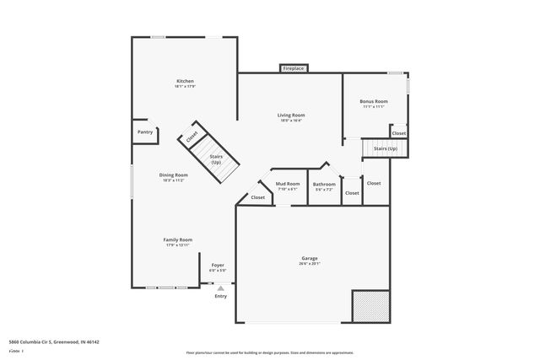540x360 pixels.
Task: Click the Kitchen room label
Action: pyautogui.click(x=185, y=81)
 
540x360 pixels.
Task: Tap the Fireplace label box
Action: pyautogui.click(x=294, y=67)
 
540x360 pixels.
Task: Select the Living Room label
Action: pyautogui.click(x=292, y=115)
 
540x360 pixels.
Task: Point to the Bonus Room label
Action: pyautogui.click(x=375, y=101)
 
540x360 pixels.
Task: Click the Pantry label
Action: pyautogui.click(x=145, y=132)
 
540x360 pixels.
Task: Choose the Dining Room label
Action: pyautogui.click(x=173, y=175)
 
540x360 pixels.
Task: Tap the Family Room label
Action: pyautogui.click(x=178, y=239)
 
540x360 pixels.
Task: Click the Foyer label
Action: pyautogui.click(x=218, y=265)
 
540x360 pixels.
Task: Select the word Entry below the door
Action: pyautogui.click(x=220, y=296)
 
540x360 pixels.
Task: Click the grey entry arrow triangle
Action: pyautogui.click(x=220, y=287)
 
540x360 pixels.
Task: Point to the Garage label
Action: pyautogui.click(x=310, y=258)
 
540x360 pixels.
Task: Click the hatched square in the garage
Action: pyautogui.click(x=370, y=305)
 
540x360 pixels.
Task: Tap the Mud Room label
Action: pyautogui.click(x=288, y=183)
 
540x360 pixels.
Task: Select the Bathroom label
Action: pyautogui.click(x=324, y=184)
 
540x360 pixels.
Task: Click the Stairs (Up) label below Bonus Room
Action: pyautogui.click(x=385, y=148)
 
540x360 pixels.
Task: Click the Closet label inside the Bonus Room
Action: pyautogui.click(x=398, y=132)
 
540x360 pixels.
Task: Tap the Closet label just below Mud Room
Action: pyautogui.click(x=257, y=197)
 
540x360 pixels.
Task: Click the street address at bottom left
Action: pyautogui.click(x=54, y=342)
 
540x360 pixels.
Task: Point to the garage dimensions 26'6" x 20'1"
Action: pyautogui.click(x=310, y=263)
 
